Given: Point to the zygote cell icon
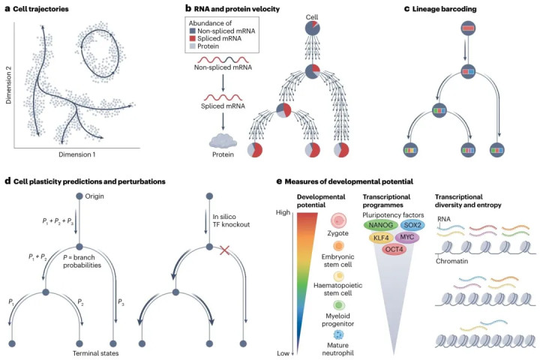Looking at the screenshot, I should [x=338, y=223].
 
